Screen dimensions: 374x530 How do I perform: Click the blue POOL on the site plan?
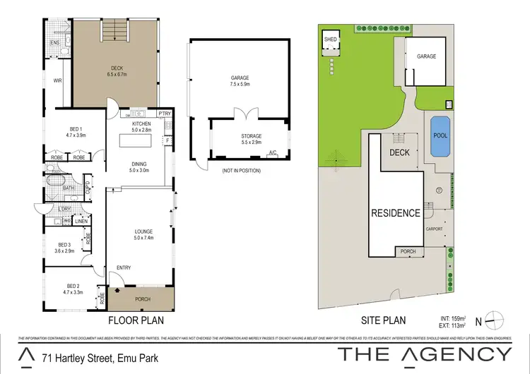click(439, 135)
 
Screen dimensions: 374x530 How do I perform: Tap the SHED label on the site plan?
click(331, 40)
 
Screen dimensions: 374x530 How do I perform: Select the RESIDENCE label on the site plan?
click(396, 212)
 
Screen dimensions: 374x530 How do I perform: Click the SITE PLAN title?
click(384, 320)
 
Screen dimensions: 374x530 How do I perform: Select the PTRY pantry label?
click(165, 113)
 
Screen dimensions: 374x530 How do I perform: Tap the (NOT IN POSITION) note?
click(240, 171)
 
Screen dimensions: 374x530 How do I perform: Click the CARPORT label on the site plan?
click(433, 229)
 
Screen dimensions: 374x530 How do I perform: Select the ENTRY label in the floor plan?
click(124, 267)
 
